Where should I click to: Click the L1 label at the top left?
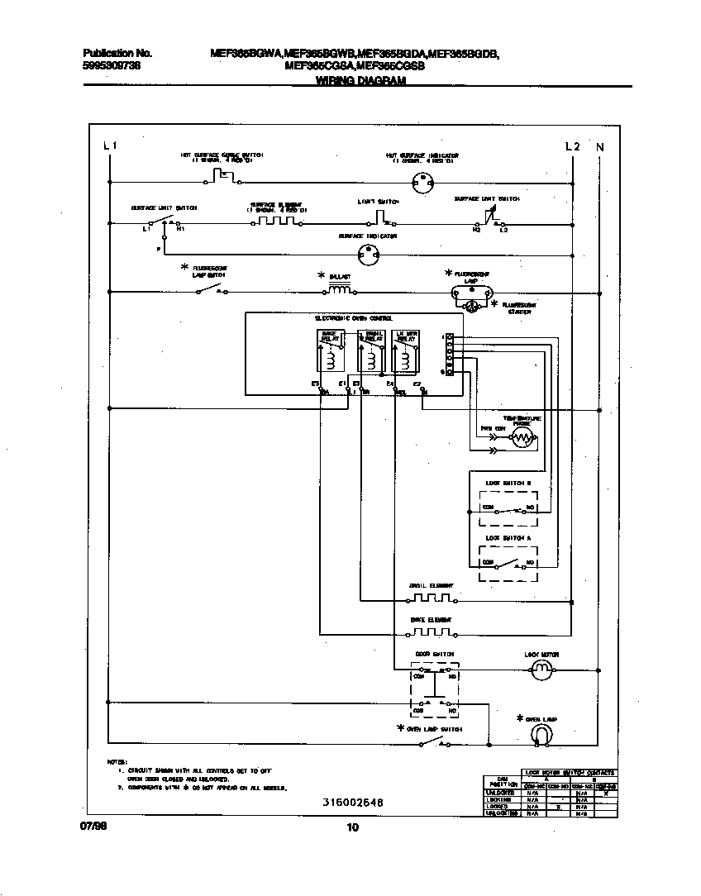[x=111, y=146]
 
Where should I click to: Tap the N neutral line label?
[x=600, y=147]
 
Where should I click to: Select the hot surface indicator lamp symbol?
[x=423, y=179]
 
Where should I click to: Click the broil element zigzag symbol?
[x=432, y=598]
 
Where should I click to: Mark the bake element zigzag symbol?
[x=432, y=633]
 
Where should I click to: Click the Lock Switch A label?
[x=508, y=538]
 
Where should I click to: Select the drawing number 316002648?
[x=353, y=803]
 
